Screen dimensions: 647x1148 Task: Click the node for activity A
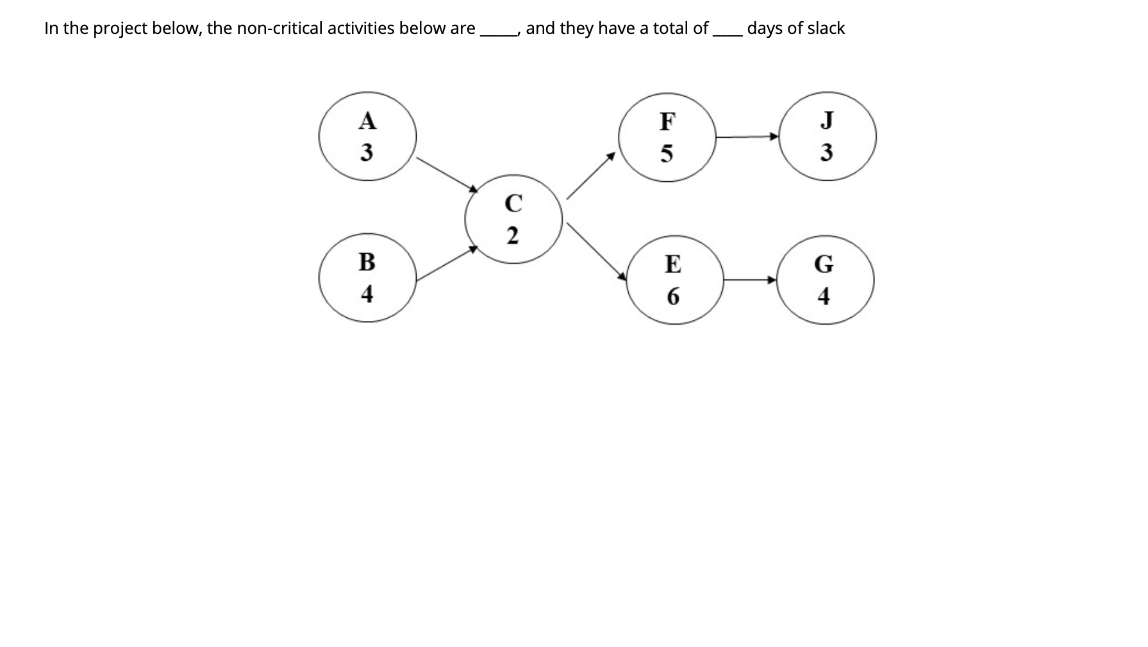tap(367, 136)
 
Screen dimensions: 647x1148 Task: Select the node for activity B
tap(367, 278)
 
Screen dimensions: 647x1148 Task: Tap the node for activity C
tap(513, 219)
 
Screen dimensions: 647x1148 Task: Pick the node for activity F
tap(667, 137)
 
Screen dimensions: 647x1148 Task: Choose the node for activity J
tap(827, 136)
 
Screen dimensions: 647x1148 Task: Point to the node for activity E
tap(673, 280)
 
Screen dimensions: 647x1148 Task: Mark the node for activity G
tap(824, 280)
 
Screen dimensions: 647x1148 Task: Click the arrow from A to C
tap(447, 174)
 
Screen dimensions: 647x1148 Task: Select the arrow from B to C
tap(447, 264)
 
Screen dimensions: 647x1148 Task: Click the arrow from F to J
tap(747, 136)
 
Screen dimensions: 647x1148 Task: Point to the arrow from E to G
tap(750, 280)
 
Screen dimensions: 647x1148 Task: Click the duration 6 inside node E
tap(673, 296)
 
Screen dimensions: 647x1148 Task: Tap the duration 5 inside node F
tap(667, 154)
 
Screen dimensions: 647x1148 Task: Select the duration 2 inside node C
tap(513, 236)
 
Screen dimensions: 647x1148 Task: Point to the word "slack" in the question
tap(826, 28)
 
